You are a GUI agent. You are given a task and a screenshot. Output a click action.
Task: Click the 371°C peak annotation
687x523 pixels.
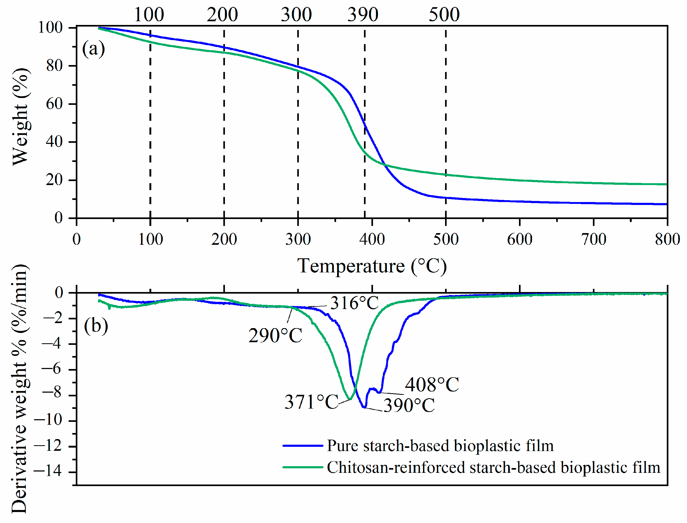point(311,402)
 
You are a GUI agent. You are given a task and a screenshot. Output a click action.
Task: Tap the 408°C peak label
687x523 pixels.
point(432,384)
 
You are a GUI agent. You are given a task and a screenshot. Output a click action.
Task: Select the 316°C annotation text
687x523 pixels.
point(354,303)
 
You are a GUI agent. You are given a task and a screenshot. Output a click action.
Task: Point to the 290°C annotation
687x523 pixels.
point(275,336)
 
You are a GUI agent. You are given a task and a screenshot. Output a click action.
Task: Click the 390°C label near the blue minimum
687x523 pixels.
point(409,405)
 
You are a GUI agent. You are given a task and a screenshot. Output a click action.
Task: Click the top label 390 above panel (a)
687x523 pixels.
point(363,15)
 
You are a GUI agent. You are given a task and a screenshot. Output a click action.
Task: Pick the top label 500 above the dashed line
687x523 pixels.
point(444,15)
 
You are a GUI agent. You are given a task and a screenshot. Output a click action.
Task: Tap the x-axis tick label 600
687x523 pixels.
point(519,239)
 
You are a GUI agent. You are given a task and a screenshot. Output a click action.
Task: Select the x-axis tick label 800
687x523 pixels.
point(667,239)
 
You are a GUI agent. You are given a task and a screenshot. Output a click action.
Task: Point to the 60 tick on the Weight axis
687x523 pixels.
point(54,104)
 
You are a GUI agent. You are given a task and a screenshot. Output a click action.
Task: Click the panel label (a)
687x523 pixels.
point(93,49)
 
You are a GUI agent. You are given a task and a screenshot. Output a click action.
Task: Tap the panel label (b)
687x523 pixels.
point(96,326)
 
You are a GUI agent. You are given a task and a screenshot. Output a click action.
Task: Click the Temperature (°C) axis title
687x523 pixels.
point(372,266)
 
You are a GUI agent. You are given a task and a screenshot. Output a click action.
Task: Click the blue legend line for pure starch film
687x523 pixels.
point(302,446)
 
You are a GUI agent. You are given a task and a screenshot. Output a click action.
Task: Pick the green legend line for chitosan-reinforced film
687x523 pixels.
point(302,467)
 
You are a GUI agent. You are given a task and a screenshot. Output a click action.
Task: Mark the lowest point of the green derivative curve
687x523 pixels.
point(350,399)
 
